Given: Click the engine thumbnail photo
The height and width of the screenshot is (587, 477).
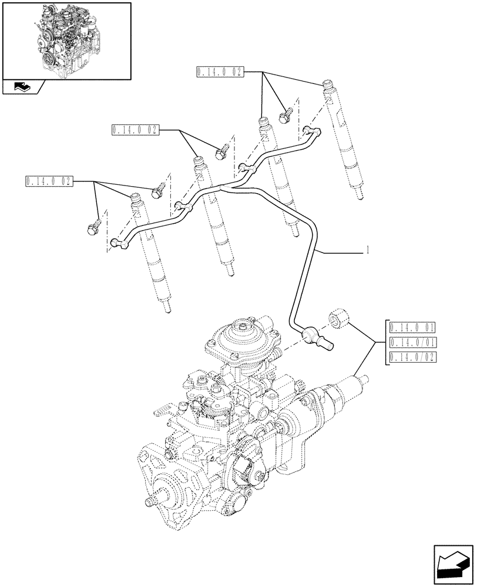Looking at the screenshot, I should [x=66, y=40].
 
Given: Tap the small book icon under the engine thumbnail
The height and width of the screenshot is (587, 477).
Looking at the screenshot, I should [x=22, y=88].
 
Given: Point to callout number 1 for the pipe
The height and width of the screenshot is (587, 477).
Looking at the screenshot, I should [x=367, y=251].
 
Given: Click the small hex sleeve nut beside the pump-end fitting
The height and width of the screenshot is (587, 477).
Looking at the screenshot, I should [x=338, y=318].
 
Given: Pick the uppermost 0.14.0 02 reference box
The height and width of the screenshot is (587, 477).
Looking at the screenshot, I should [x=219, y=72].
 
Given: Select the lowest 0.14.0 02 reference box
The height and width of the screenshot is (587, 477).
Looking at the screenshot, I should [x=48, y=181].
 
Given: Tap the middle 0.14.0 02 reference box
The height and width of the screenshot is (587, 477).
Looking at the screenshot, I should [x=133, y=130].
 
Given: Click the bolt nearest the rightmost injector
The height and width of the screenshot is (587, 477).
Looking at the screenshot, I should [x=288, y=115].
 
